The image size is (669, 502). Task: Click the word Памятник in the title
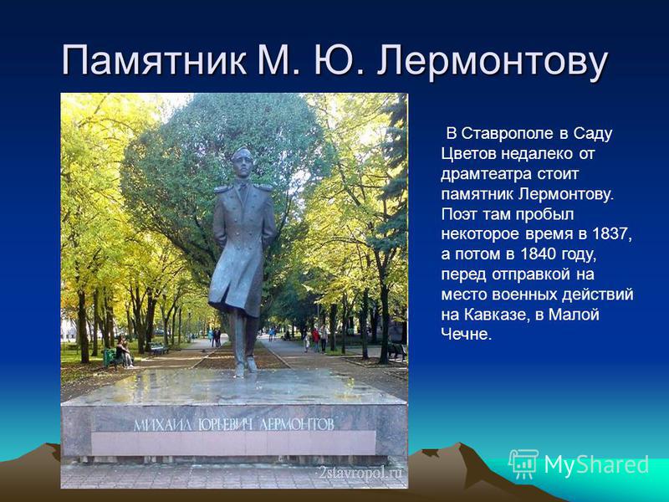(155, 60)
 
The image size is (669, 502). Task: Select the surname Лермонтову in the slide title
(492, 61)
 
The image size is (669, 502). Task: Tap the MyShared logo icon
(523, 464)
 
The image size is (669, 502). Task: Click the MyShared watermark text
(596, 464)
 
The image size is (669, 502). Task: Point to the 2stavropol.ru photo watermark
(360, 473)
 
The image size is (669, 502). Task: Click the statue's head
(242, 162)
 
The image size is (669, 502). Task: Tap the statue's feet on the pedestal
(246, 368)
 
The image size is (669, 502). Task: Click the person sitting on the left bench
(124, 352)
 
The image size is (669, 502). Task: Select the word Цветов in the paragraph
(467, 154)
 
